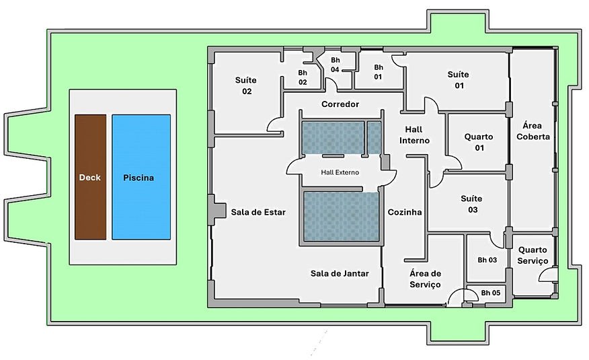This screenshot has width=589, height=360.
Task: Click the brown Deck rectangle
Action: tap(90, 177)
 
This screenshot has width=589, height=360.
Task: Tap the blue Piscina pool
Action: tap(141, 177)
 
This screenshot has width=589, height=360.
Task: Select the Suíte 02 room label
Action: tap(245, 85)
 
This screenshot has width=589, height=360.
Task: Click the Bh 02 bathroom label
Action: tap(303, 77)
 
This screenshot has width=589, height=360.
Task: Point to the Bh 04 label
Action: tap(335, 65)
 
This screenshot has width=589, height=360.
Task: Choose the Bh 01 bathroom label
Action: tap(378, 72)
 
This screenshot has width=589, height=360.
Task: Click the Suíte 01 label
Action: tap(458, 79)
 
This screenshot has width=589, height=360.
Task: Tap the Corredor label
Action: tap(340, 104)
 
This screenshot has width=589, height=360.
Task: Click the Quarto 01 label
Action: tap(478, 142)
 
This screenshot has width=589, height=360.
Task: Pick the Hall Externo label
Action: tap(340, 172)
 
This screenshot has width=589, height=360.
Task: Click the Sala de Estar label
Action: tap(258, 212)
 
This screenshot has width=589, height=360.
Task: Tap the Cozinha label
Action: tap(405, 212)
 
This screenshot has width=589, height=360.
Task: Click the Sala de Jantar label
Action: tap(340, 273)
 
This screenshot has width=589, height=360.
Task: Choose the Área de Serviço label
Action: tap(425, 279)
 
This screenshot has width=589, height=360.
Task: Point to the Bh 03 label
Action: tap(487, 260)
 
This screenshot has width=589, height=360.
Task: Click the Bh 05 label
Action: tap(490, 293)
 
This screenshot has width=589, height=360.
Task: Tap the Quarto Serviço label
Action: tap(533, 255)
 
